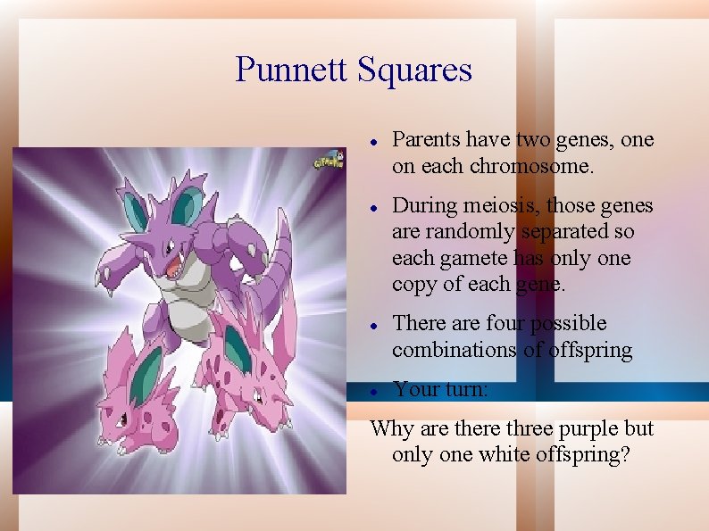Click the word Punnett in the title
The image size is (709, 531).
(291, 70)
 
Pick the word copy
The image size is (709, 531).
(412, 286)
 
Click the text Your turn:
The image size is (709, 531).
(440, 390)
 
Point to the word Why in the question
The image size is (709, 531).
(388, 429)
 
